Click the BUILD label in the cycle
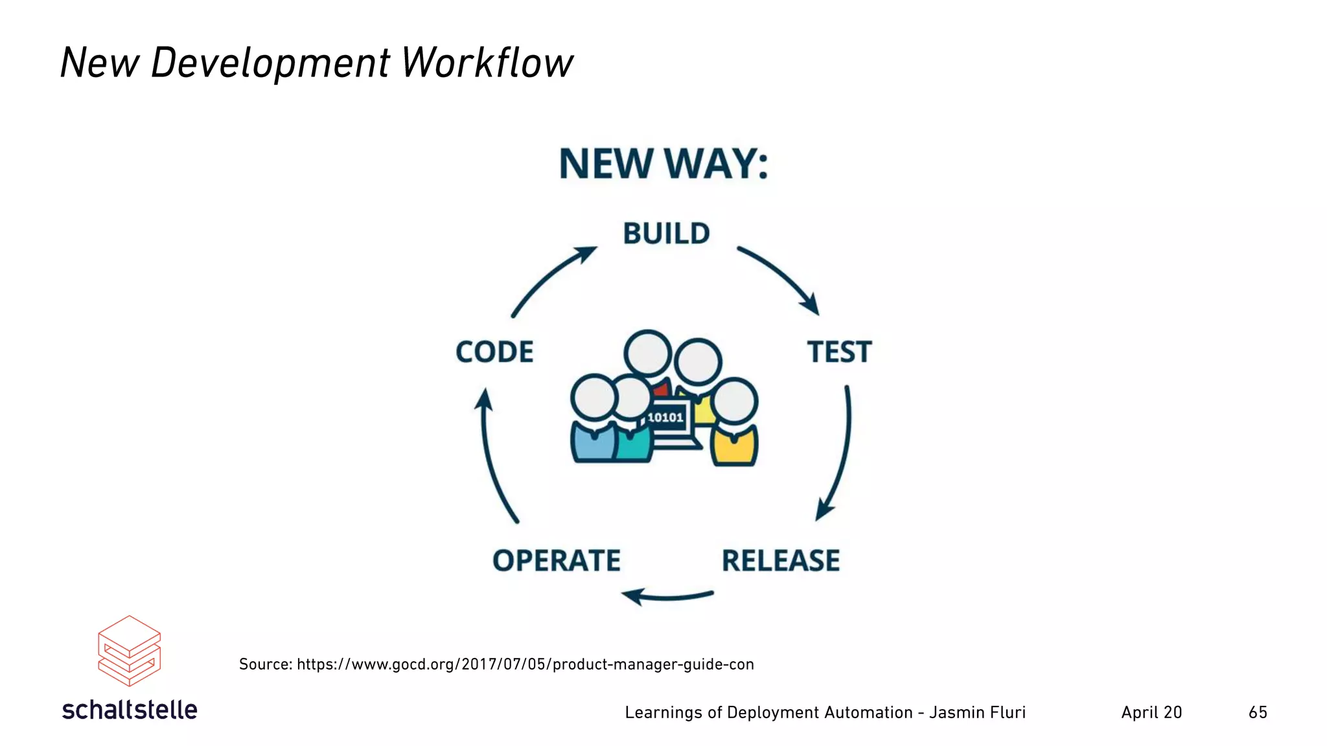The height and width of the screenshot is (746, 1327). [x=666, y=234]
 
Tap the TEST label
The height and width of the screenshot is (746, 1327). [x=839, y=352]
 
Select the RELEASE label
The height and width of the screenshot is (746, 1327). [x=781, y=561]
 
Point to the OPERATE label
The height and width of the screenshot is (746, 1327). [x=556, y=561]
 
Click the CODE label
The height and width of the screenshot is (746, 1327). [x=494, y=352]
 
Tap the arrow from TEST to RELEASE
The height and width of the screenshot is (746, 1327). [x=840, y=453]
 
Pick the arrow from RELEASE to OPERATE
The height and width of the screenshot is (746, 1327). [x=667, y=596]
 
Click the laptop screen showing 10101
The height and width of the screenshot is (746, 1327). [x=665, y=418]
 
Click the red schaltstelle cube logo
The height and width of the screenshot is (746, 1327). [x=129, y=651]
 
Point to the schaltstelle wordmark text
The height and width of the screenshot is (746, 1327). [x=130, y=710]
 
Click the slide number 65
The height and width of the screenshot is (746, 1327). [x=1258, y=712]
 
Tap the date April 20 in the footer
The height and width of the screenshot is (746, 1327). [x=1151, y=712]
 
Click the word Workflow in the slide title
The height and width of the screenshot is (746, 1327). [x=487, y=63]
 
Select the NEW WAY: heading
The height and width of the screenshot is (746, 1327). [x=663, y=164]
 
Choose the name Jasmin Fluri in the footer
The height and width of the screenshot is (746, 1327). [x=977, y=712]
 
